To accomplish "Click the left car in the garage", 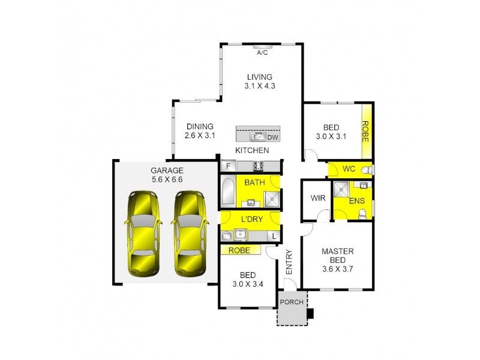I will coord(143,232).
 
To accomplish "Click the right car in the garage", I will coord(190,232).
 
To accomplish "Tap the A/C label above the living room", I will coord(262,53).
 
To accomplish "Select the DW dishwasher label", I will coord(272,137).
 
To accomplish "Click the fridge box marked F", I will coord(228,166).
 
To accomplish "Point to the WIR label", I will coord(317,198).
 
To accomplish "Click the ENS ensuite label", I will coord(356,200).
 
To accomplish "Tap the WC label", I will coord(349,169).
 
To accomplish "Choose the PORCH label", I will coord(292,302).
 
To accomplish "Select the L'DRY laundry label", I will coord(251,220).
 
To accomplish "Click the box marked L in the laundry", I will coord(274,236).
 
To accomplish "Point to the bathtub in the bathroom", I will coord(228,191).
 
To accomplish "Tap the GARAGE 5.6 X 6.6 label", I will coord(166,175).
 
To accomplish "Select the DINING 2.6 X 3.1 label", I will coord(200,131).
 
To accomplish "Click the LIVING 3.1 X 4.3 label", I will coord(259,82).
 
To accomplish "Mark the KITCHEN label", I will coord(252,151).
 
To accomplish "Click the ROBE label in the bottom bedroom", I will coord(239,250).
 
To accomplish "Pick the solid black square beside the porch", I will coord(310,313).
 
